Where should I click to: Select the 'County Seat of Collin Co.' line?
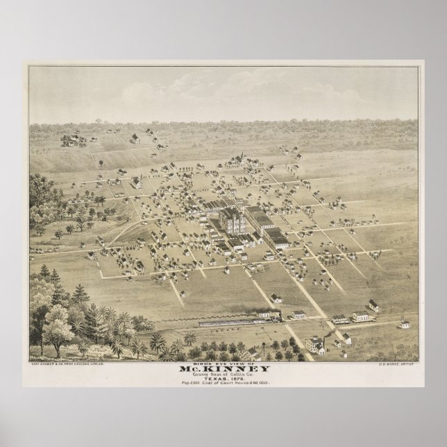[x=223, y=374]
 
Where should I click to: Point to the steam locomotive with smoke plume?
[x=273, y=316]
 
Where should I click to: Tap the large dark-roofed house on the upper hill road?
[x=136, y=182]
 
